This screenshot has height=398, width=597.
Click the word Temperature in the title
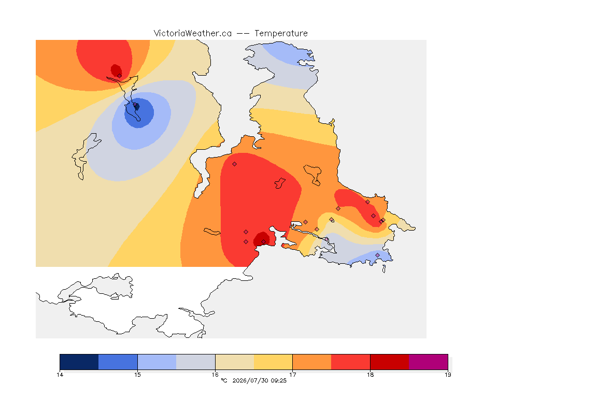pos(281,34)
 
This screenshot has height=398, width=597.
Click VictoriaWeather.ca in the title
pos(193,34)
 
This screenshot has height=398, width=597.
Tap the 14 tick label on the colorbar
pos(60,375)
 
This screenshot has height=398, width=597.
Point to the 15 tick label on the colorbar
pos(137,375)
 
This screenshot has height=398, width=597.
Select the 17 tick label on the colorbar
pos(292,375)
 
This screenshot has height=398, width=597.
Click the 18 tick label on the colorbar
pos(370,375)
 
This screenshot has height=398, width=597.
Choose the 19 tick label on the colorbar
pos(448,375)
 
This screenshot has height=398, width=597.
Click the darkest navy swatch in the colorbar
pos(79,362)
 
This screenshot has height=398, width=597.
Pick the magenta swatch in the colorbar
pos(429,362)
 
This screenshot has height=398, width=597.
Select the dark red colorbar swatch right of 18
pos(390,362)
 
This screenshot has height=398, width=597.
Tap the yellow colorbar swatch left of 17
pos(273,362)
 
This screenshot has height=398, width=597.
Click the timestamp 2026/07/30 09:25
pos(259,380)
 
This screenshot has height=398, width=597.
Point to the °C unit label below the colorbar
pos(224,380)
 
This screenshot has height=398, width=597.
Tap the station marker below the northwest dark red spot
pos(120,76)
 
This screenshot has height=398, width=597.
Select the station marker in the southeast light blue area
pos(377,255)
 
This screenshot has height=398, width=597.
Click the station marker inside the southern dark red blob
pos(263,242)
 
